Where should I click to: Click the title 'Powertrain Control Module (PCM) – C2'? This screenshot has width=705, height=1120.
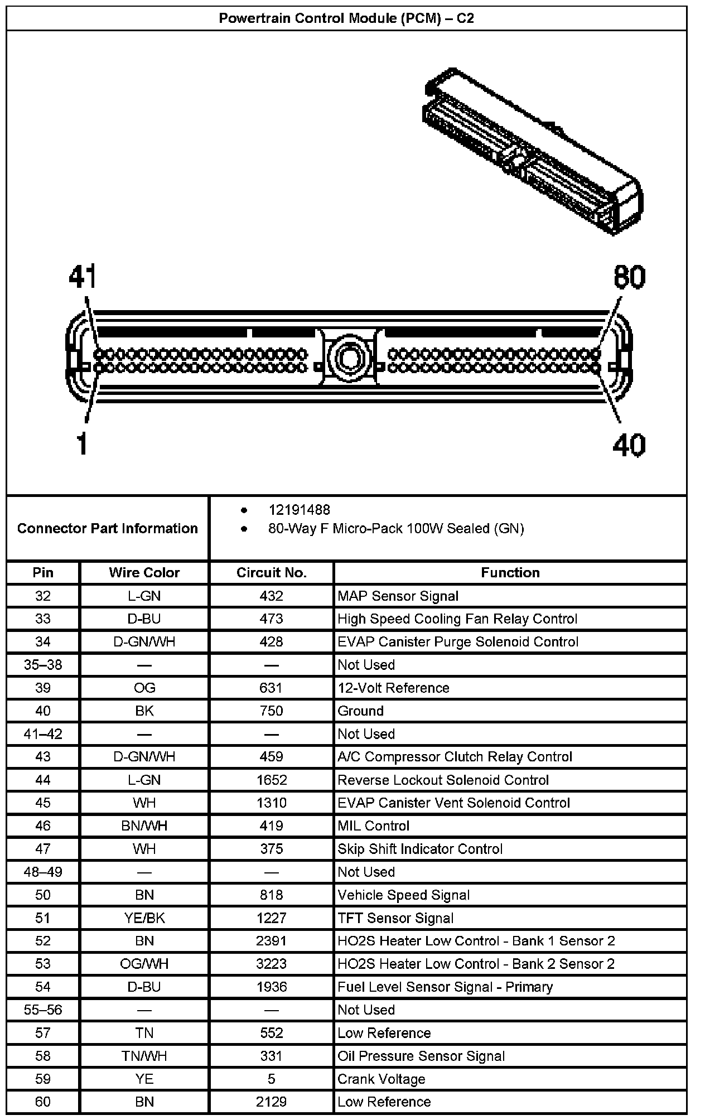(x=346, y=18)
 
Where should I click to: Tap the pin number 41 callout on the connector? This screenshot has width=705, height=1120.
(x=83, y=277)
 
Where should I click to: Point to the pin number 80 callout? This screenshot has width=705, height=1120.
(x=629, y=277)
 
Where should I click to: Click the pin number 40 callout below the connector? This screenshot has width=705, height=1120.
(x=629, y=445)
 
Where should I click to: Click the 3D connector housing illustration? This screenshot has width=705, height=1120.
(x=533, y=151)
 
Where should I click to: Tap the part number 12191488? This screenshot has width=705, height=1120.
(x=299, y=510)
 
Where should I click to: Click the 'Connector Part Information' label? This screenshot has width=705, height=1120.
(x=108, y=528)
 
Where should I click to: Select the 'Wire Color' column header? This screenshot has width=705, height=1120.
(x=144, y=572)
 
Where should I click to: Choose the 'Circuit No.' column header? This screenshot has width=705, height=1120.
(x=272, y=572)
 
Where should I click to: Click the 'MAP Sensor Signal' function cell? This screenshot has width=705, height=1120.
(x=398, y=596)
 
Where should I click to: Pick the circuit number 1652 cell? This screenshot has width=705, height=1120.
(x=272, y=780)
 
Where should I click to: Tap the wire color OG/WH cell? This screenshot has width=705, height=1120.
(x=144, y=964)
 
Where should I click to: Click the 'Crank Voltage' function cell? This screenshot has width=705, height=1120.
(x=382, y=1079)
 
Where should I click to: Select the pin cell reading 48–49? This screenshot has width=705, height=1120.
(x=43, y=872)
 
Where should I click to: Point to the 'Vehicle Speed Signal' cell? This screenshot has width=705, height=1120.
(x=403, y=895)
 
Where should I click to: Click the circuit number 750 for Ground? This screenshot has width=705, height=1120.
(x=272, y=711)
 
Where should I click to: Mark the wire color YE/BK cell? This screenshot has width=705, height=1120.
(x=144, y=918)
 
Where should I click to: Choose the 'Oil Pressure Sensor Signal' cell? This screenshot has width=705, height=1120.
(x=421, y=1056)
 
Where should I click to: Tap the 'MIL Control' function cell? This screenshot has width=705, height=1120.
(x=373, y=825)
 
